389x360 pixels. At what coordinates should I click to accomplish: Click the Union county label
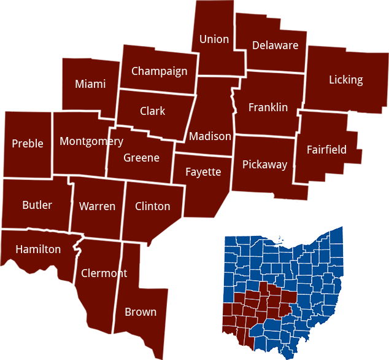click(214, 39)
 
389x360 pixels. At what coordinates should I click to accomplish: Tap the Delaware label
click(275, 45)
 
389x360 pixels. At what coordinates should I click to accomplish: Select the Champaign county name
click(159, 71)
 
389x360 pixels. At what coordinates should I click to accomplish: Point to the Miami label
click(90, 84)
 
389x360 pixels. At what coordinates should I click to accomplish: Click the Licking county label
click(345, 80)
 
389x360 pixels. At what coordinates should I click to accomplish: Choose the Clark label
click(152, 111)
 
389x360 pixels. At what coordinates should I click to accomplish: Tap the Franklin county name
click(268, 108)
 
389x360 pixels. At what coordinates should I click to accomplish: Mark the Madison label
click(210, 136)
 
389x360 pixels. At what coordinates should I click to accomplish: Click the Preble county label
click(28, 144)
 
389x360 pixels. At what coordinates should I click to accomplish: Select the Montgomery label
click(91, 142)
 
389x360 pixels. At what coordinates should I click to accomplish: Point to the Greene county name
click(141, 158)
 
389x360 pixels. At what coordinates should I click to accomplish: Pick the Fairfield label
click(326, 150)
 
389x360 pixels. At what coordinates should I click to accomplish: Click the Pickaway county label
click(264, 165)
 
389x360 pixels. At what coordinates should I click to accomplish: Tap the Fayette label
click(203, 172)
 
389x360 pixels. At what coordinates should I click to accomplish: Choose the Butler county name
click(37, 205)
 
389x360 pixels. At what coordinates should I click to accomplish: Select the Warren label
click(97, 206)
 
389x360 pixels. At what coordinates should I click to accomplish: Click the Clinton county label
click(152, 206)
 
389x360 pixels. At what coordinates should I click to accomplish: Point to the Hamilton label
click(38, 249)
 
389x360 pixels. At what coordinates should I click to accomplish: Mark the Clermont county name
click(104, 273)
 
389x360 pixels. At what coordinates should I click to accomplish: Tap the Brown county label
click(141, 312)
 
